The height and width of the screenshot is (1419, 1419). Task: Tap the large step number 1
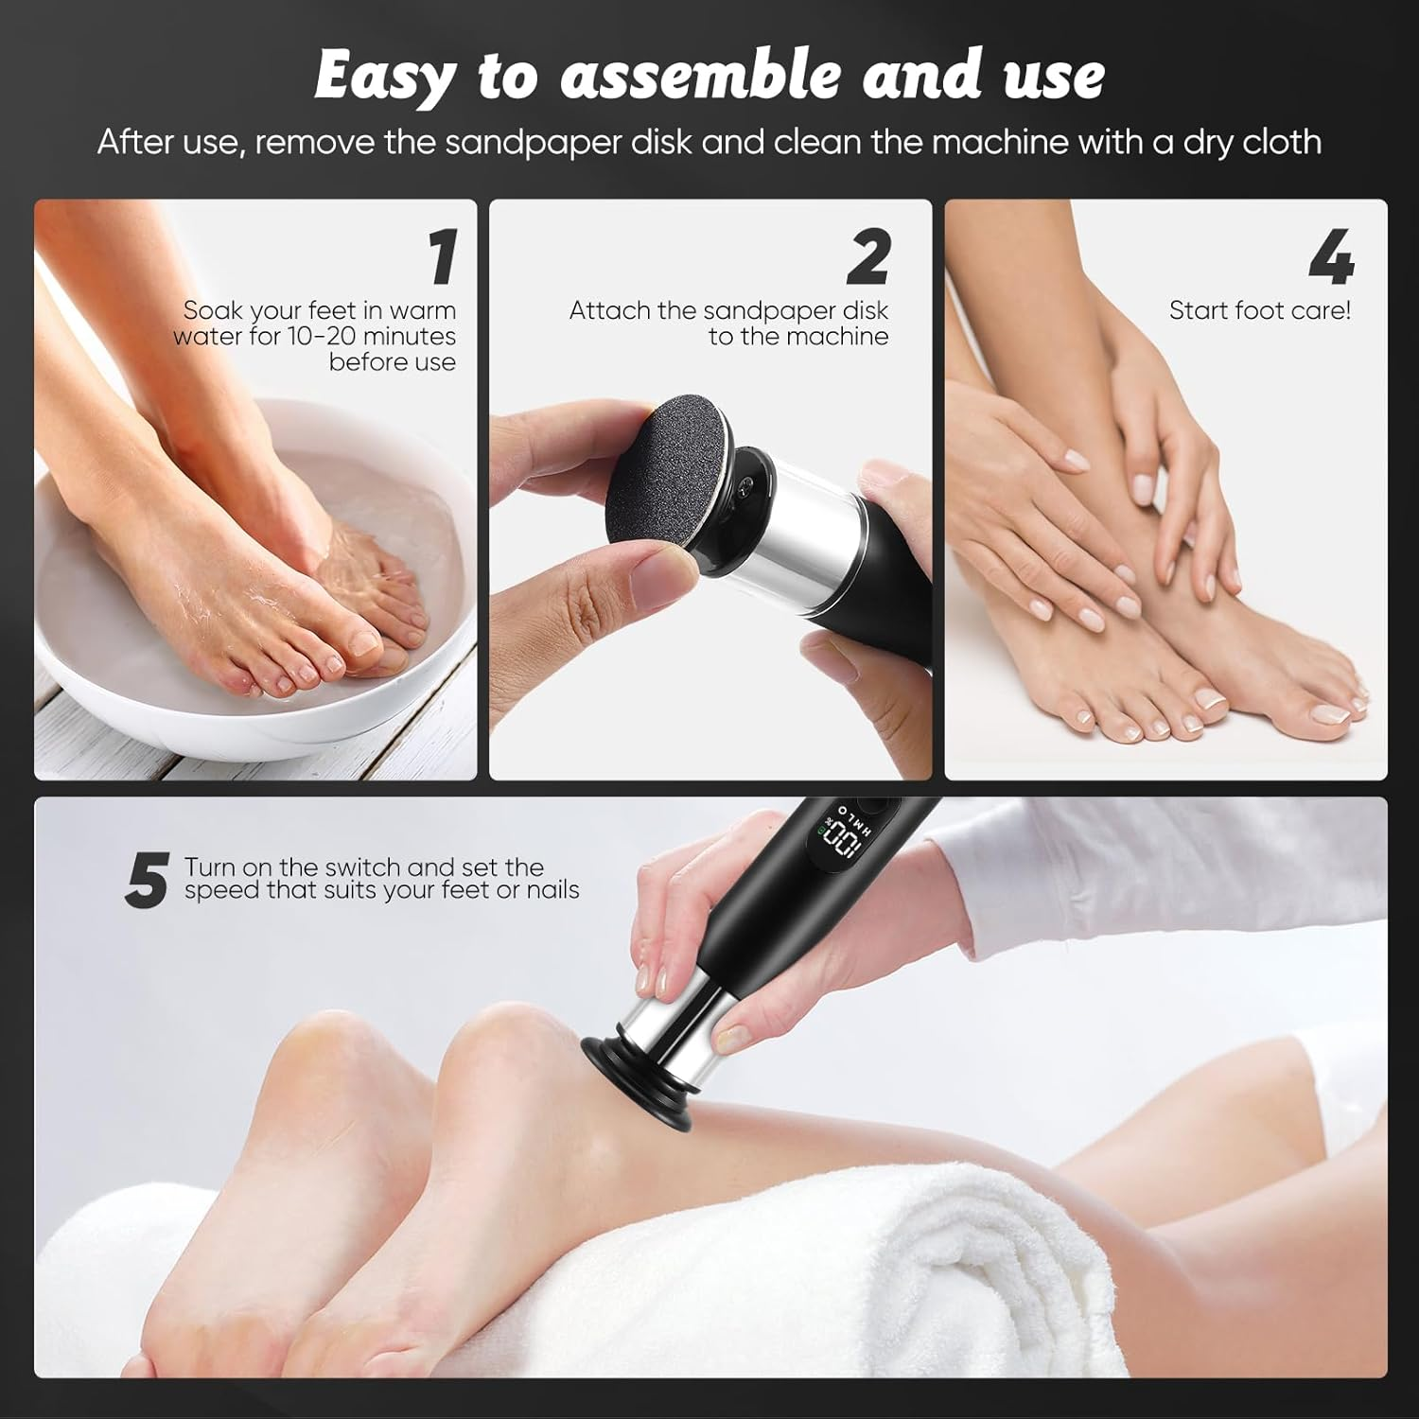point(441,257)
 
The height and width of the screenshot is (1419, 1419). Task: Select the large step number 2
point(868,257)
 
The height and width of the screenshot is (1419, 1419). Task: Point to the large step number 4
point(1331,257)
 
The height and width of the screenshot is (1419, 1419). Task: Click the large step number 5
point(147,880)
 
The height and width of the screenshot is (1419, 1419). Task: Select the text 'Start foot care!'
point(1259,310)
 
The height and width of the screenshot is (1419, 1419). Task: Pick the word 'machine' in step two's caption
point(836,336)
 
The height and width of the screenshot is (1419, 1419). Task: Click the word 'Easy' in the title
point(383,76)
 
